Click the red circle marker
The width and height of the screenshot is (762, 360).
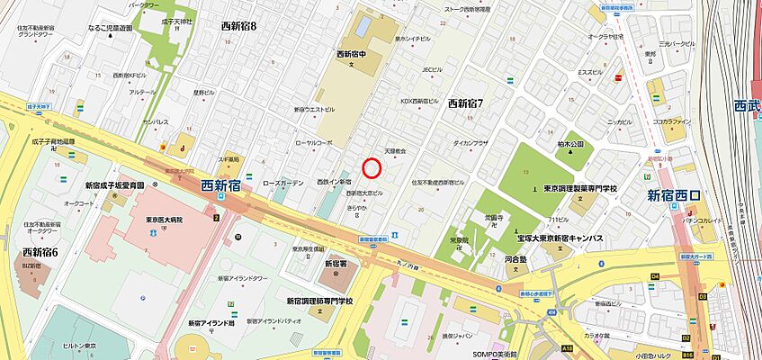pyautogui.click(x=372, y=167)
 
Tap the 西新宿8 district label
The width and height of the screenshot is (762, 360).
pyautogui.click(x=238, y=26)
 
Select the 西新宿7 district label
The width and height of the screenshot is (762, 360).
pyautogui.click(x=465, y=103)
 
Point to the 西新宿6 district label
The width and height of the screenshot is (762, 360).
pyautogui.click(x=40, y=252)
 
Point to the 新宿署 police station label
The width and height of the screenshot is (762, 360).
pyautogui.click(x=335, y=264)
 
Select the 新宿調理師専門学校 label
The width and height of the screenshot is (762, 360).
pyautogui.click(x=319, y=301)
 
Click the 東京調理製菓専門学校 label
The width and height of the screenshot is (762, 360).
pyautogui.click(x=580, y=188)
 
